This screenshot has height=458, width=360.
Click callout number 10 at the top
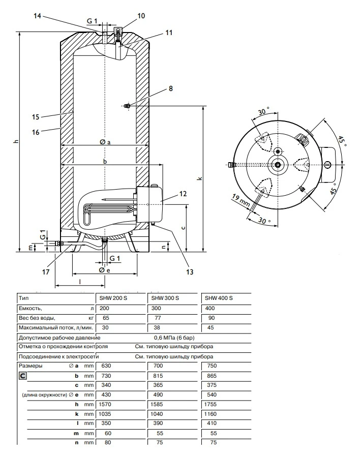(141, 16)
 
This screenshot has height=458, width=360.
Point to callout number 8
(171, 88)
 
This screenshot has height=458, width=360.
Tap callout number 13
(190, 272)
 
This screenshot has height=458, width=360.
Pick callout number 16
(36, 132)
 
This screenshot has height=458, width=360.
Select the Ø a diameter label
(105, 143)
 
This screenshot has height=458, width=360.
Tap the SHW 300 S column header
(164, 298)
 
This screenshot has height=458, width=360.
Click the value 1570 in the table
(105, 405)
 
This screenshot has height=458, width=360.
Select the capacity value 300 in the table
(156, 308)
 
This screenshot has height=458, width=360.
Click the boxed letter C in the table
(23, 376)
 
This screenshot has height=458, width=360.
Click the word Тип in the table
(23, 298)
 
